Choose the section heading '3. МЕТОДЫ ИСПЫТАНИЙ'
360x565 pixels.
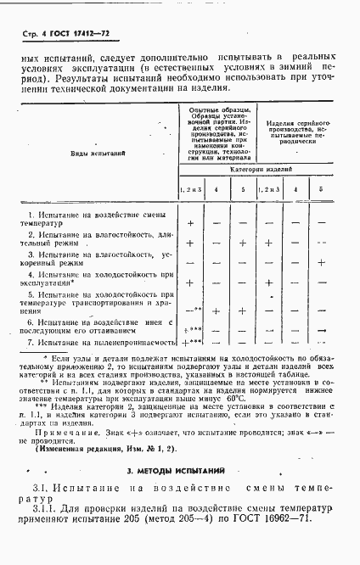pos(180,469)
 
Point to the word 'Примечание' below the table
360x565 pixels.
pos(70,430)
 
